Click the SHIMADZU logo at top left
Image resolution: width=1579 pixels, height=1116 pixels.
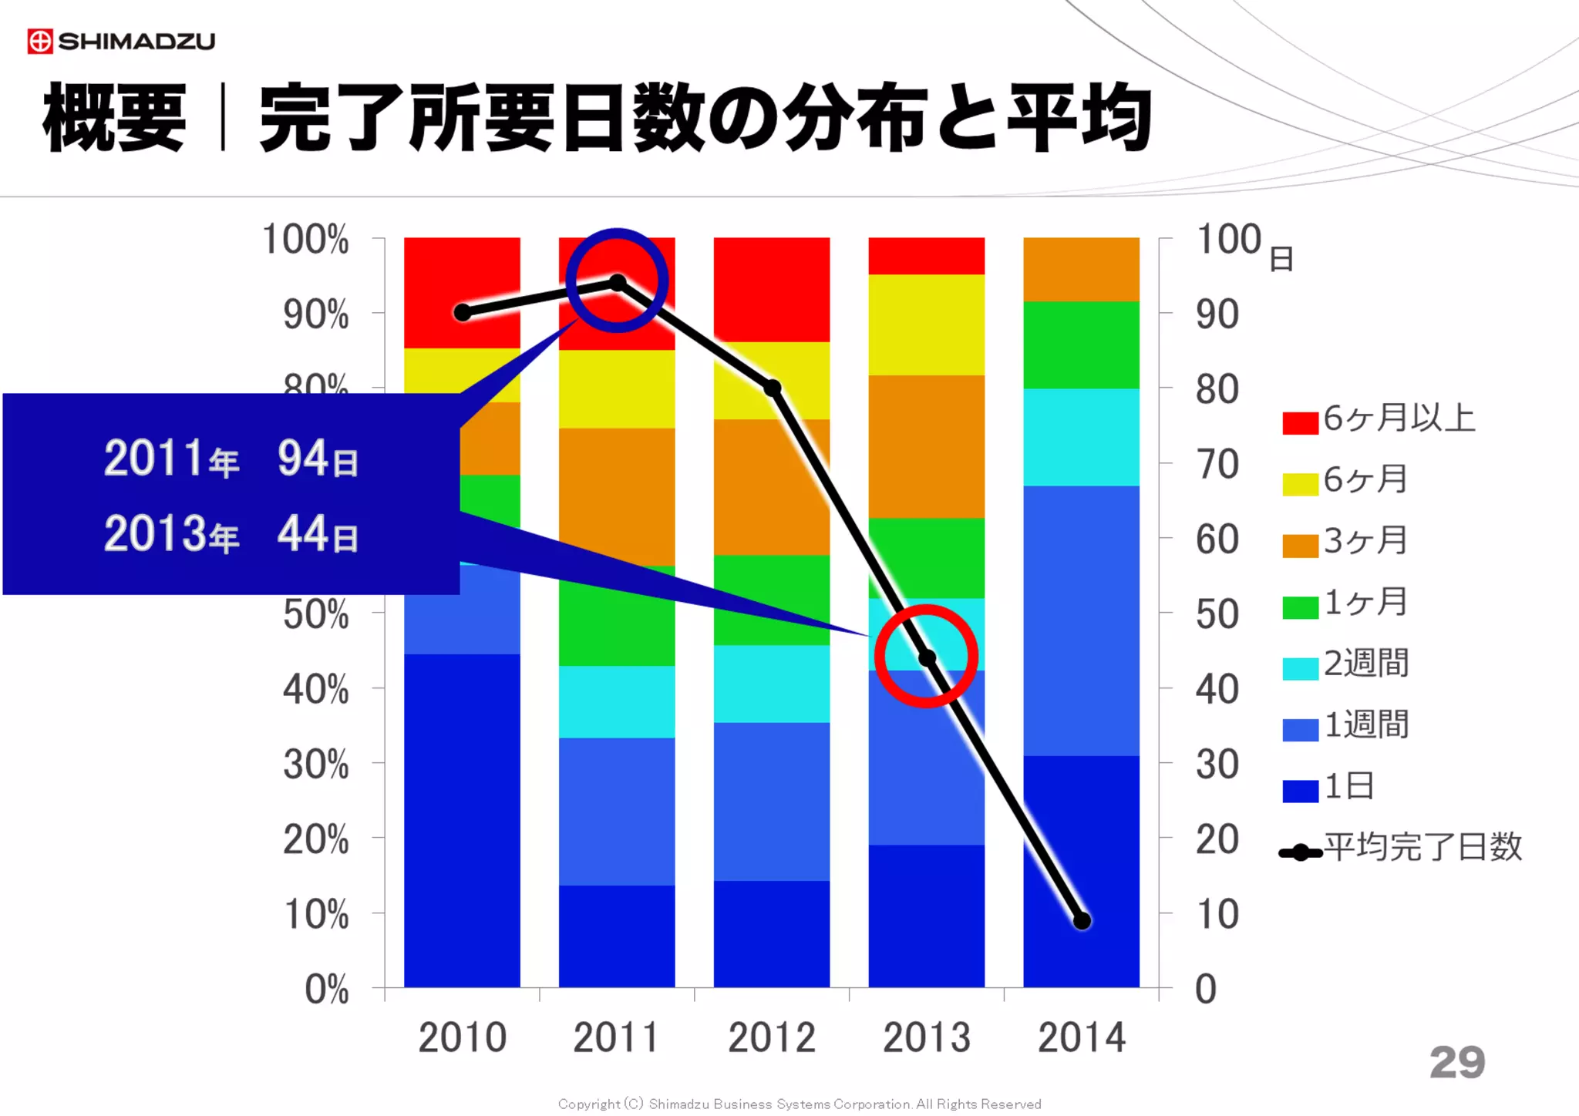coord(121,41)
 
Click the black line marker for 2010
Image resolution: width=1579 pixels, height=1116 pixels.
coord(463,312)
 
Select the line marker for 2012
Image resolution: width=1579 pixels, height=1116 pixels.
coord(773,388)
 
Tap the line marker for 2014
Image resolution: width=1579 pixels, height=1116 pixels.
coord(1082,921)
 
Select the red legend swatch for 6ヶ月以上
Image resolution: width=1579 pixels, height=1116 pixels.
coord(1300,423)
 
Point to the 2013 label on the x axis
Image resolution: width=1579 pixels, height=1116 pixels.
coord(927,1037)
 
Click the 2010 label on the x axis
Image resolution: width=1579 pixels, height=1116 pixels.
coord(463,1037)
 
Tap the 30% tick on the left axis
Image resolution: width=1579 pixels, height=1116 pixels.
coord(316,765)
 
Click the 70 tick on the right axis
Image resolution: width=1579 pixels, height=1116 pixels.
coord(1217,465)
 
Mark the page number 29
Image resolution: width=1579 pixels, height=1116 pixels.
coord(1456,1063)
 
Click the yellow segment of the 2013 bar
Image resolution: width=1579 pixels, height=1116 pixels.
coord(927,324)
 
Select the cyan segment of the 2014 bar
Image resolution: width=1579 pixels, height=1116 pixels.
coord(1082,437)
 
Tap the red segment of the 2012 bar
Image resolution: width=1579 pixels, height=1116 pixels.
coord(773,289)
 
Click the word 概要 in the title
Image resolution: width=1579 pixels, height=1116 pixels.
coord(114,118)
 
